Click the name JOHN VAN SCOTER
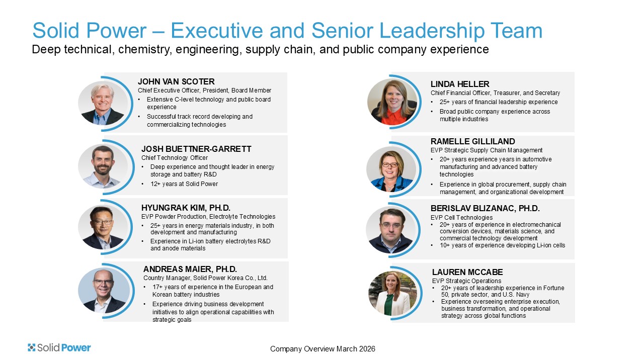(176, 81)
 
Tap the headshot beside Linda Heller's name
(392, 102)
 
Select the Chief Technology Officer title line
(175, 158)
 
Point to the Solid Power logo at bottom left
(59, 347)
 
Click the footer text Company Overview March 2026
(323, 349)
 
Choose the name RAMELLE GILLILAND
(472, 141)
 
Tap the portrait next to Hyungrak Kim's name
(103, 227)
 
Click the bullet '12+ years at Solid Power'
(184, 184)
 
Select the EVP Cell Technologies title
(461, 218)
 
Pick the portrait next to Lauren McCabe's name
(392, 293)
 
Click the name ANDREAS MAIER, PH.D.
(190, 269)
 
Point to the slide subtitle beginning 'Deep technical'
(260, 49)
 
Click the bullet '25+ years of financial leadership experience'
(499, 102)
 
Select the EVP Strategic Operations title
(466, 281)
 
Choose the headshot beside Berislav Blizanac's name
(391, 230)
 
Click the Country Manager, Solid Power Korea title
(206, 278)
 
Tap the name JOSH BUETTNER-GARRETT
(196, 149)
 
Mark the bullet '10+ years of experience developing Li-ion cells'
(502, 245)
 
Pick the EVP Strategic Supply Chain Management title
(487, 150)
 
